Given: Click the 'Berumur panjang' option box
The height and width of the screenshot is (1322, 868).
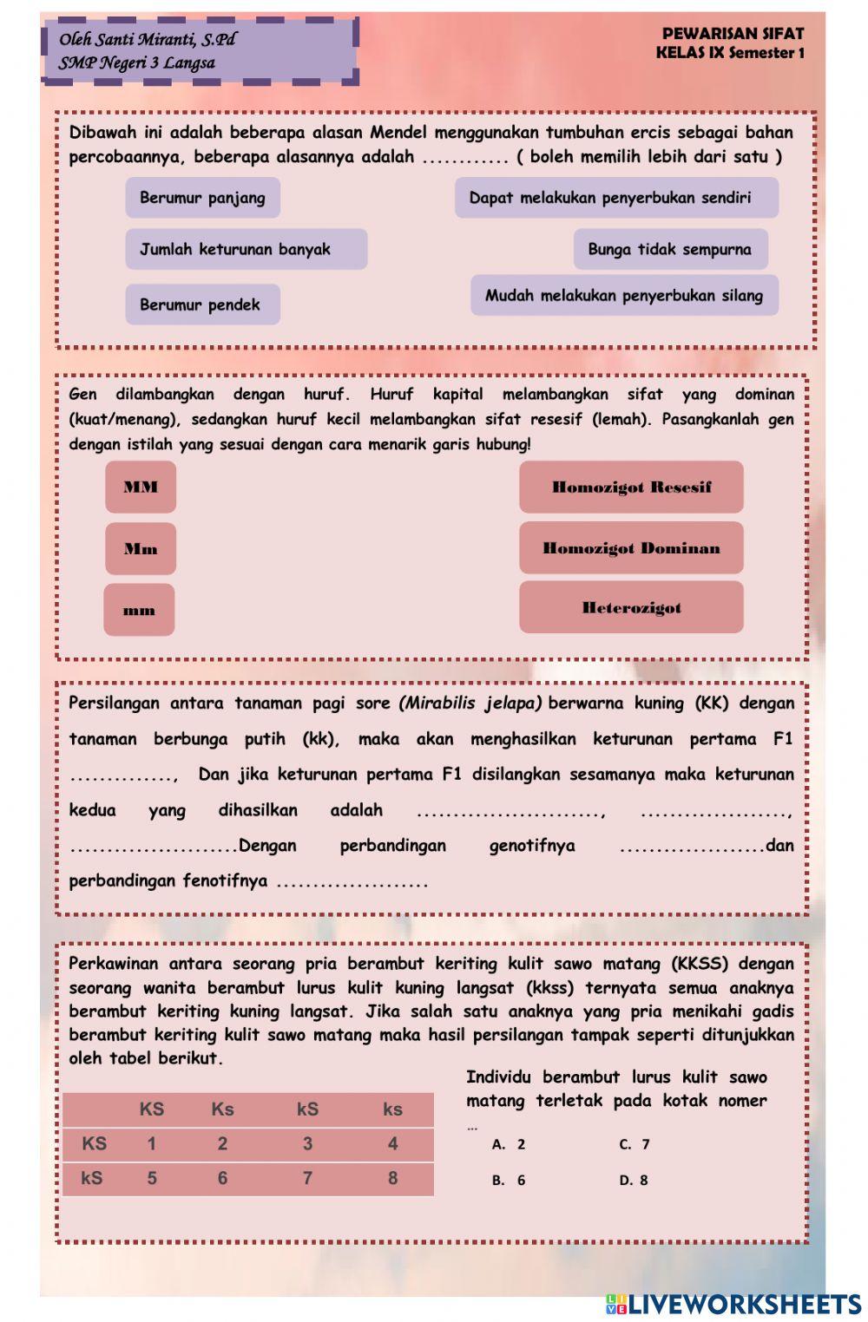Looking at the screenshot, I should [202, 198].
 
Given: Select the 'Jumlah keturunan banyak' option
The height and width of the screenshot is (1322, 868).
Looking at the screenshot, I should [246, 249].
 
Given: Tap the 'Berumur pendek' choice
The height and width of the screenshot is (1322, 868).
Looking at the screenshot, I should [202, 304].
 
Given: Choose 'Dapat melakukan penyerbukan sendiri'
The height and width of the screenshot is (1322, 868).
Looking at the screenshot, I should [616, 198].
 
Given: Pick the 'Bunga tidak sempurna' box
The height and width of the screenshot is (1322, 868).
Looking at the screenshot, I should [670, 249].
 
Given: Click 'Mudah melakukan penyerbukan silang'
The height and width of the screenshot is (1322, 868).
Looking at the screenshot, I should [624, 296].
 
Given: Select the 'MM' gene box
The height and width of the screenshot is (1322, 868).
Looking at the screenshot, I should [141, 487].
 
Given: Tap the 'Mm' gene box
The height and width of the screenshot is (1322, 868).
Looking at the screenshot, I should [141, 548].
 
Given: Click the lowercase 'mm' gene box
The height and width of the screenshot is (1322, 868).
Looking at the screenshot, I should [139, 610].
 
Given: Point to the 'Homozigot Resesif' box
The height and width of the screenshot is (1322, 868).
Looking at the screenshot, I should [631, 487].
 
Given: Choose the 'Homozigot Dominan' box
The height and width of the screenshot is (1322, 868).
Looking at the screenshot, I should [631, 548].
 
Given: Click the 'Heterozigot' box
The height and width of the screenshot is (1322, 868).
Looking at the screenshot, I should [631, 607].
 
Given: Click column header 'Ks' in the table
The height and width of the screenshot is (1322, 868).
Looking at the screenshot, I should [222, 1109].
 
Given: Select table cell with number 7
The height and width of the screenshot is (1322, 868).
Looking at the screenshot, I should [307, 1178].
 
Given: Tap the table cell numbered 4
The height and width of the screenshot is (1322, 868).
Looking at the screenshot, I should [392, 1144].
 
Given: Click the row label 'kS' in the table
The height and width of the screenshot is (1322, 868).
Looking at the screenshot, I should [92, 1178].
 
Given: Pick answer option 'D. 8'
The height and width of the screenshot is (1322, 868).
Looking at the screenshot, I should [634, 1180].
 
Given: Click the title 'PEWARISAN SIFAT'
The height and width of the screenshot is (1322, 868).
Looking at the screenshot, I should [733, 34].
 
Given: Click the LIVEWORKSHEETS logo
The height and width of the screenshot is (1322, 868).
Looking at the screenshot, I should [733, 1305].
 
